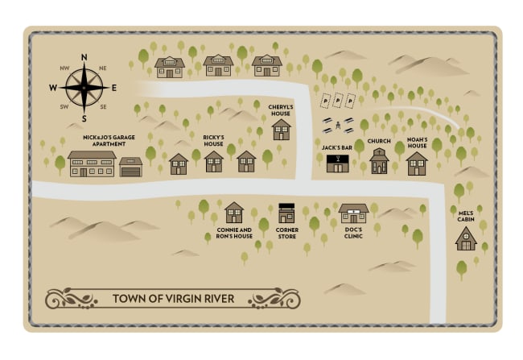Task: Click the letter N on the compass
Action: coord(84,56)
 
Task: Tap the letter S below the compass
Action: coord(84,118)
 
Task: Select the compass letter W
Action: coord(53,88)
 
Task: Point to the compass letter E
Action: coord(114,88)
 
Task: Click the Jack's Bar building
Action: coord(337,163)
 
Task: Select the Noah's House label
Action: coord(417,143)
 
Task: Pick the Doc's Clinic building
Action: coord(353,213)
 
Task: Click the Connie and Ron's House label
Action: coord(234,234)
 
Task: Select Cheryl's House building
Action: coord(281,130)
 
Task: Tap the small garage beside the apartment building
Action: coord(130,167)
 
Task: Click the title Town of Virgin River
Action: coord(173,299)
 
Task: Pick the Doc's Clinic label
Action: coord(353,234)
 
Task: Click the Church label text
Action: coord(379,141)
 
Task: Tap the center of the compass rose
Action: coord(84,88)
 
